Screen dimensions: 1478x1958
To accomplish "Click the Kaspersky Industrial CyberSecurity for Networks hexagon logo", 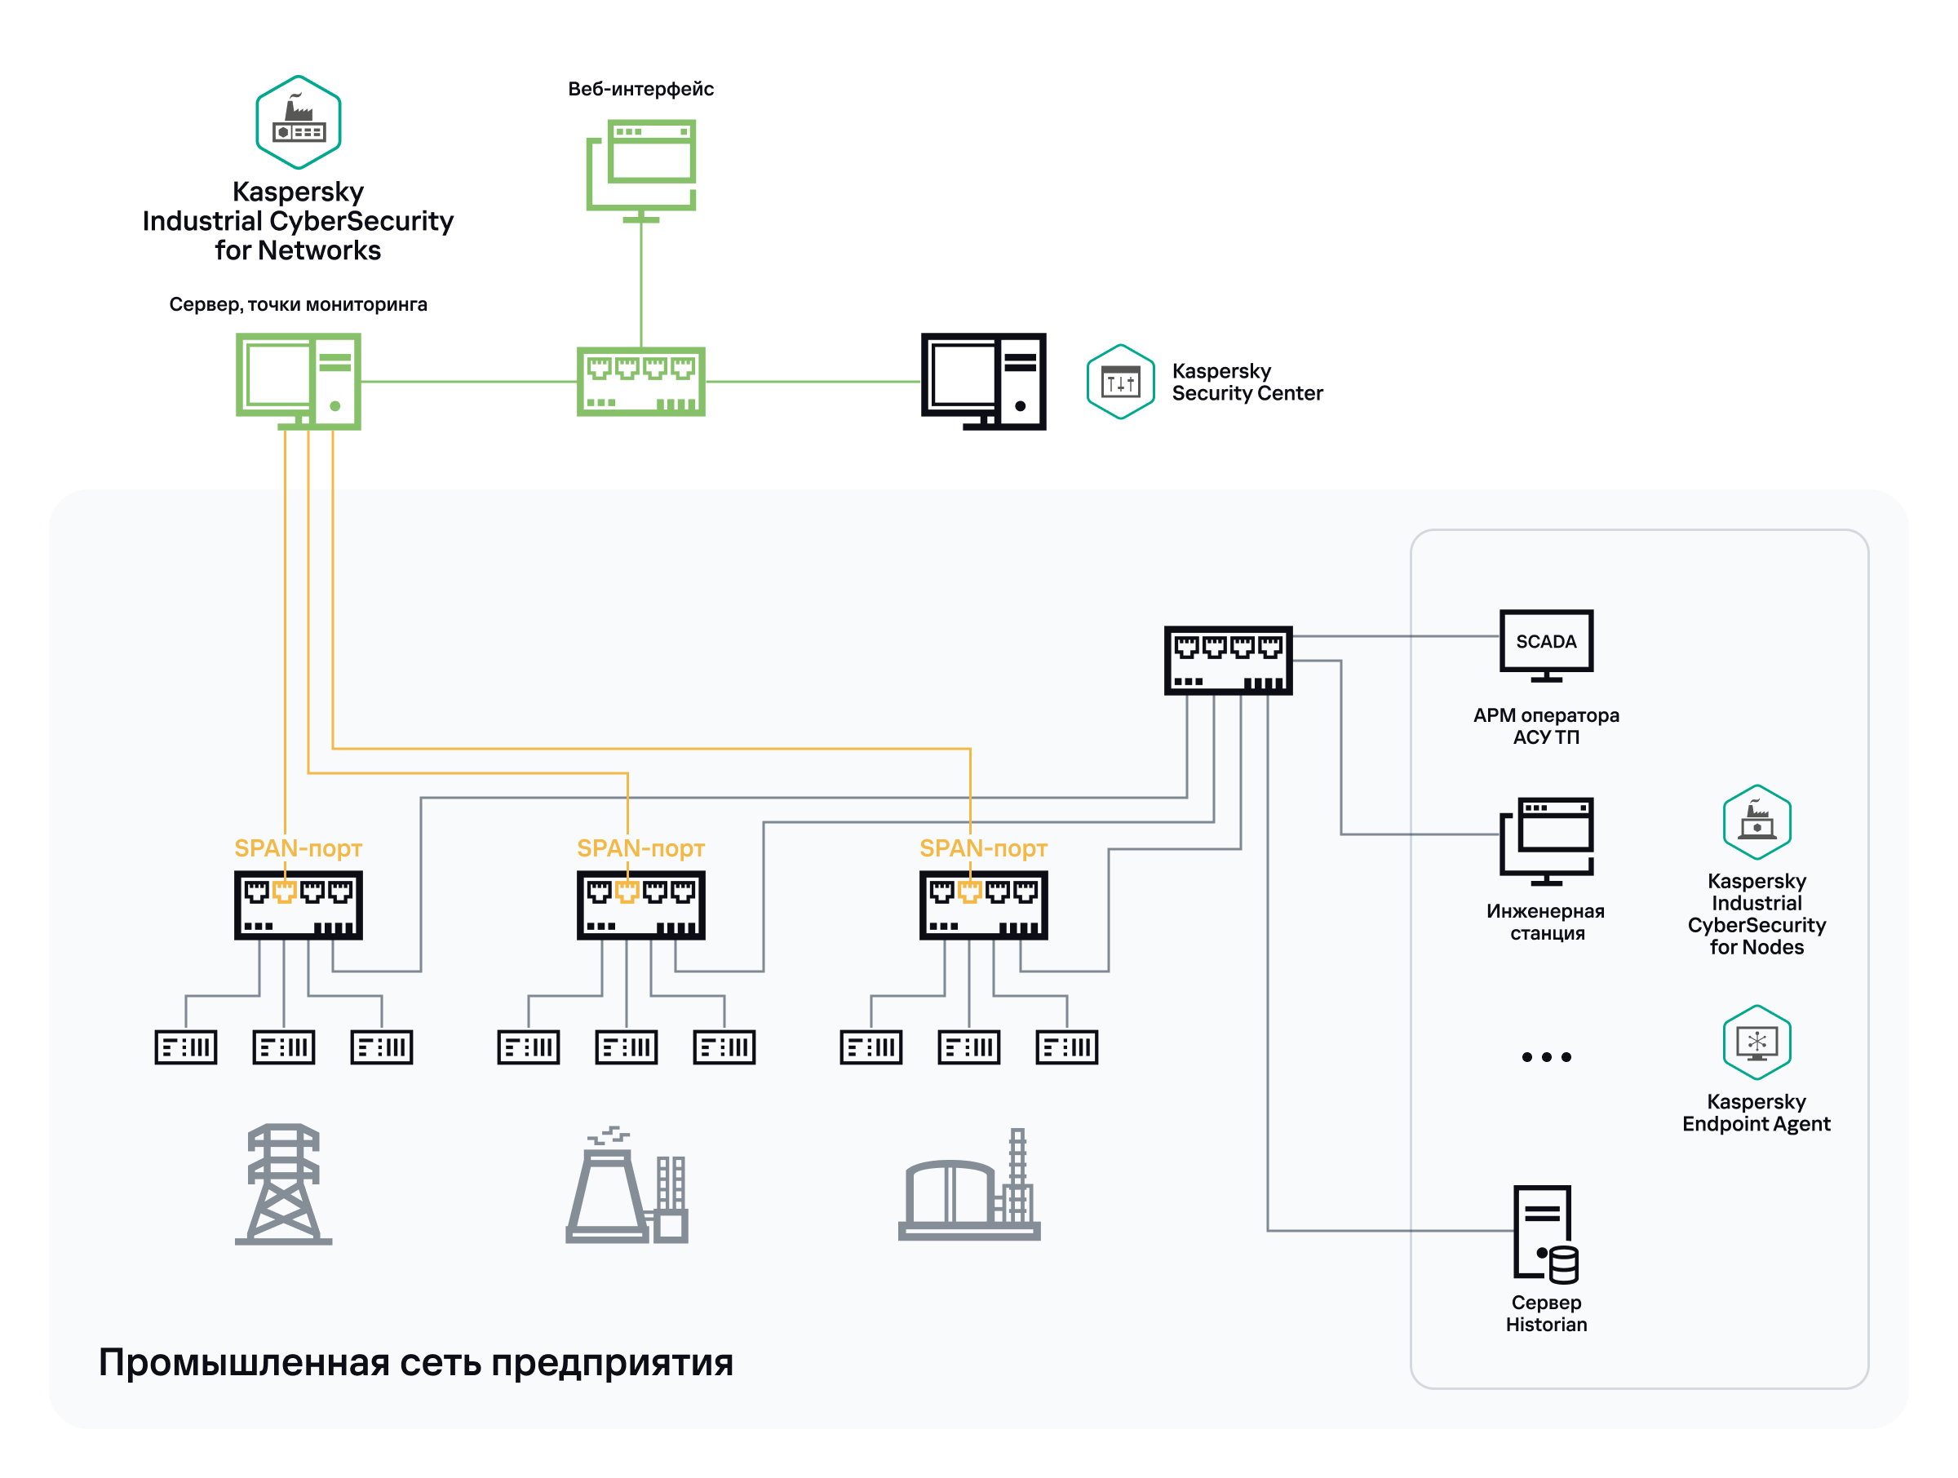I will [299, 122].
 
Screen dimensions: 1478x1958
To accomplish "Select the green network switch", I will [641, 382].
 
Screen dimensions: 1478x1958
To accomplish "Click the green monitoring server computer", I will [299, 381].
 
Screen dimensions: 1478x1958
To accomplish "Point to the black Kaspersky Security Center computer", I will [983, 381].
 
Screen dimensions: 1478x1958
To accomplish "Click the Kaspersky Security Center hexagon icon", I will [1120, 382].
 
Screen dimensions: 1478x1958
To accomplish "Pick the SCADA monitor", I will [1545, 644].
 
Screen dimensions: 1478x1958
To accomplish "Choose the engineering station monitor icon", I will [1545, 841].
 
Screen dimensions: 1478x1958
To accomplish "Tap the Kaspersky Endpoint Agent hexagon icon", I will [1756, 1042].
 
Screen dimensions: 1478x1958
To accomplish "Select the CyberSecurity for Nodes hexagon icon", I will [1756, 821].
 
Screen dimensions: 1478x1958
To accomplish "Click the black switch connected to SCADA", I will [1228, 660].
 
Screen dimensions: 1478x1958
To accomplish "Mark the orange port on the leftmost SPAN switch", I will [284, 892].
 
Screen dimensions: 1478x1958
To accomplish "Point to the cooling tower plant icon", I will [627, 1186].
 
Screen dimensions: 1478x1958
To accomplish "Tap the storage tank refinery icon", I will [969, 1186].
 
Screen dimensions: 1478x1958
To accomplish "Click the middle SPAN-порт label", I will [641, 847].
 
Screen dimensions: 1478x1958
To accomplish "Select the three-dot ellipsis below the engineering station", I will [1545, 1057].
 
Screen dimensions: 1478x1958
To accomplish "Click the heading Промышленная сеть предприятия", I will [415, 1361].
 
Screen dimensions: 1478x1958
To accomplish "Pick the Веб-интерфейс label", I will [641, 89].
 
